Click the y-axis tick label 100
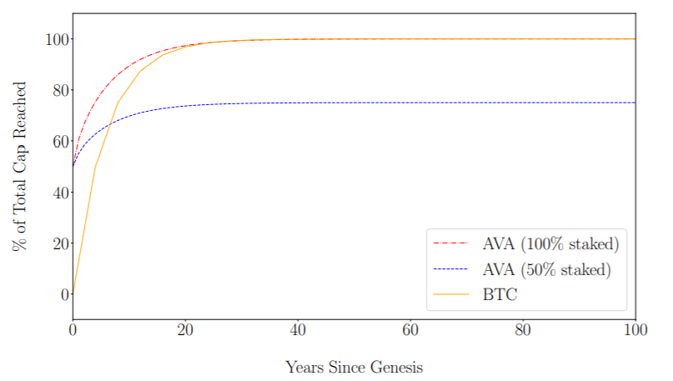click(57, 39)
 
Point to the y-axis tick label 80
click(61, 91)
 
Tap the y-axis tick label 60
click(61, 142)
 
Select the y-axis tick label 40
click(61, 193)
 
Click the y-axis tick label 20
click(61, 243)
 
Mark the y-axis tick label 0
click(64, 295)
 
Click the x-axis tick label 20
click(185, 330)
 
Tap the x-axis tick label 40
click(298, 330)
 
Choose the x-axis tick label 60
click(410, 330)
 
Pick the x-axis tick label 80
click(523, 330)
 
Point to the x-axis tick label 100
click(635, 330)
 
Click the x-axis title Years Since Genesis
click(354, 368)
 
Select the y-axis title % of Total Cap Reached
click(19, 167)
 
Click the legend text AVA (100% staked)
click(550, 243)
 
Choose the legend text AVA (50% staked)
click(546, 269)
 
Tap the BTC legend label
click(500, 295)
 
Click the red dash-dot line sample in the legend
click(450, 243)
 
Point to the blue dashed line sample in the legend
click(450, 269)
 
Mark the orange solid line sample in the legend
click(450, 294)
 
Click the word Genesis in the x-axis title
click(397, 368)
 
